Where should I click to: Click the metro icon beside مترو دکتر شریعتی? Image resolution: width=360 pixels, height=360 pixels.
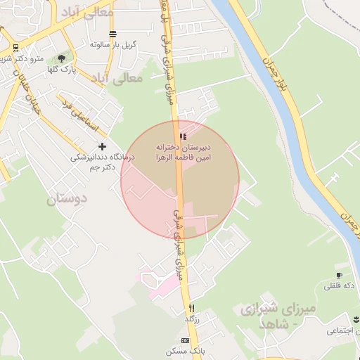click(x=15, y=48)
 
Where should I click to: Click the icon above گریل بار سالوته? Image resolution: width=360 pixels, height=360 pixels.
click(x=112, y=34)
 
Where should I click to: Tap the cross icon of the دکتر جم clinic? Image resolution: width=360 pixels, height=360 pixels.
click(x=103, y=146)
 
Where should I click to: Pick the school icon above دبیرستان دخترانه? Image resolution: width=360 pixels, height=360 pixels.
click(x=183, y=136)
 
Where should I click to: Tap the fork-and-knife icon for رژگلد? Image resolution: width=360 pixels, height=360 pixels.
click(x=191, y=308)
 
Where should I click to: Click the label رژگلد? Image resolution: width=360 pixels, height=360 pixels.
click(x=192, y=319)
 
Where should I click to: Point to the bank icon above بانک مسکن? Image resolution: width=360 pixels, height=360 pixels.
click(x=185, y=340)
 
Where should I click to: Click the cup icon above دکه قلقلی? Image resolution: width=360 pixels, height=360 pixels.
click(x=340, y=276)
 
